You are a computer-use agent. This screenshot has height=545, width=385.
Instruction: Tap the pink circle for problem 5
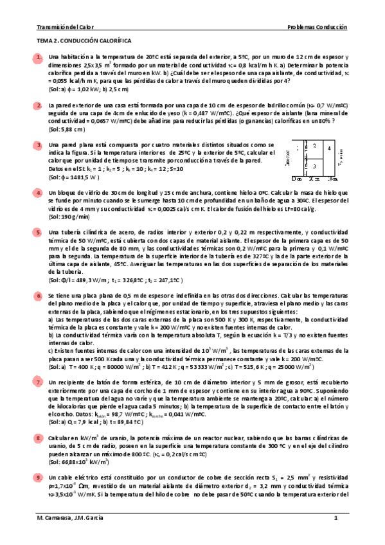pyautogui.click(x=39, y=231)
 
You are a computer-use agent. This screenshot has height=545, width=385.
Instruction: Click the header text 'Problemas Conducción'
pyautogui.click(x=316, y=28)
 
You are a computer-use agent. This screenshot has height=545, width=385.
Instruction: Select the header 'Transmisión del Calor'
pyautogui.click(x=64, y=28)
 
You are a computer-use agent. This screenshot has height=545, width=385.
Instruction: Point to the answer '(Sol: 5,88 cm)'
pyautogui.click(x=67, y=129)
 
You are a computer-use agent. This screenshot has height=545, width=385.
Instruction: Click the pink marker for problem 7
pyautogui.click(x=39, y=382)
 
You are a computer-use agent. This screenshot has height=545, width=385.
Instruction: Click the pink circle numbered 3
pyautogui.click(x=39, y=146)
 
